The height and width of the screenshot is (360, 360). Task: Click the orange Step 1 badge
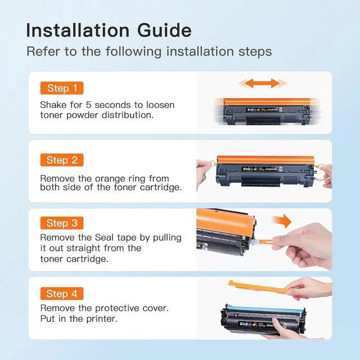click(62, 88)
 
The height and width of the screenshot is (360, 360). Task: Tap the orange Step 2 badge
click(62, 160)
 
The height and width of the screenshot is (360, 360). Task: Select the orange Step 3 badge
click(62, 223)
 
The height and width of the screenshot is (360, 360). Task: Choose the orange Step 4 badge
click(62, 294)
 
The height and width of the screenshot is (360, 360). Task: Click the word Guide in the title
click(164, 30)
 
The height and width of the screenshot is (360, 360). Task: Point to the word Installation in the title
click(78, 30)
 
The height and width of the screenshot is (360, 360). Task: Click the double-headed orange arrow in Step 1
click(263, 83)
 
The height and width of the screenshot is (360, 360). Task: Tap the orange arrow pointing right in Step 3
click(281, 221)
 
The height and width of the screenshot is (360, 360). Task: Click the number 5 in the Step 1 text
click(89, 105)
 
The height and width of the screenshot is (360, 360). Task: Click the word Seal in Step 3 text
click(104, 237)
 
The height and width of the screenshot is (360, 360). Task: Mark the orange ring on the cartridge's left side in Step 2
click(214, 164)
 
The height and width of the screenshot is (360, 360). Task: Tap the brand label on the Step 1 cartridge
click(263, 110)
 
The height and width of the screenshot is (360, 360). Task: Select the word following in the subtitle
click(134, 51)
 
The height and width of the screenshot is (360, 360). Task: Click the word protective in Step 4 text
click(117, 308)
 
